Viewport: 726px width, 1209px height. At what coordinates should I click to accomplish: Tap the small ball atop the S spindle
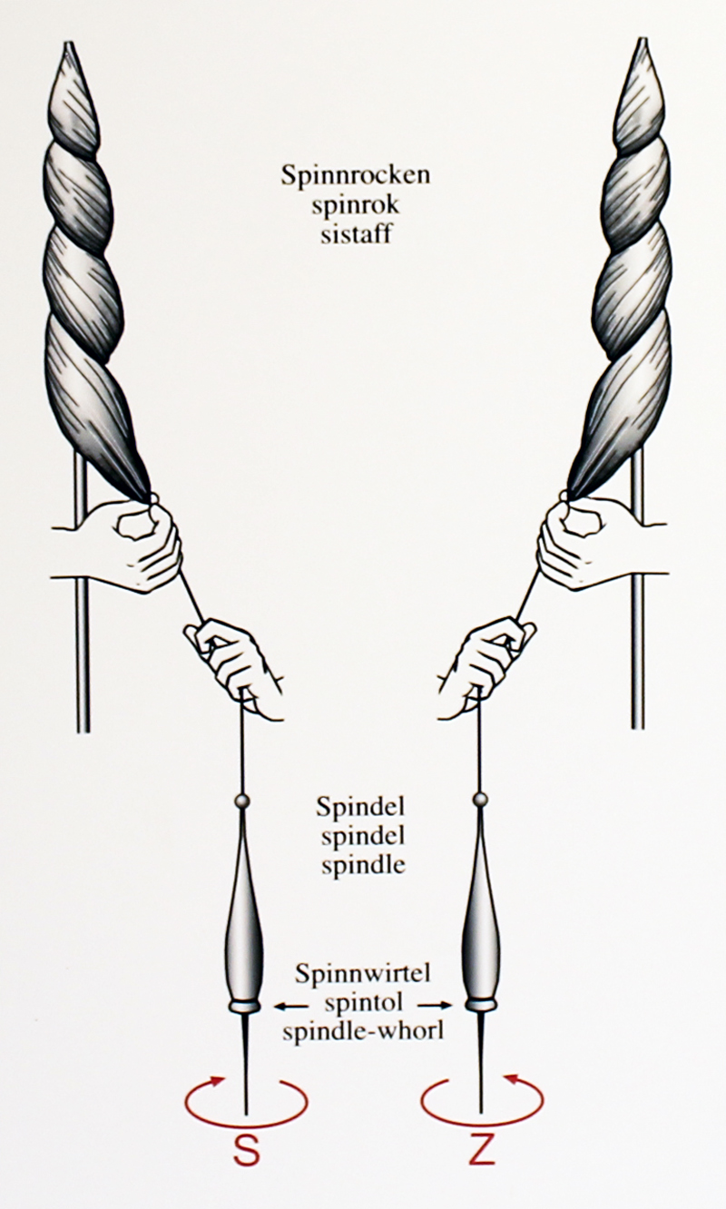point(242,801)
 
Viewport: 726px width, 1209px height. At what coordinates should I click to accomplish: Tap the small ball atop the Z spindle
point(481,800)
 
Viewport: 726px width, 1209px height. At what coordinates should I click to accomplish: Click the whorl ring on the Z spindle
point(481,1005)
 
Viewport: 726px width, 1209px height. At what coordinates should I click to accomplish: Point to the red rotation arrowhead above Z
point(511,1080)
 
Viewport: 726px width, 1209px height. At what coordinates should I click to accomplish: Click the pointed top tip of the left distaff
point(70,45)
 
